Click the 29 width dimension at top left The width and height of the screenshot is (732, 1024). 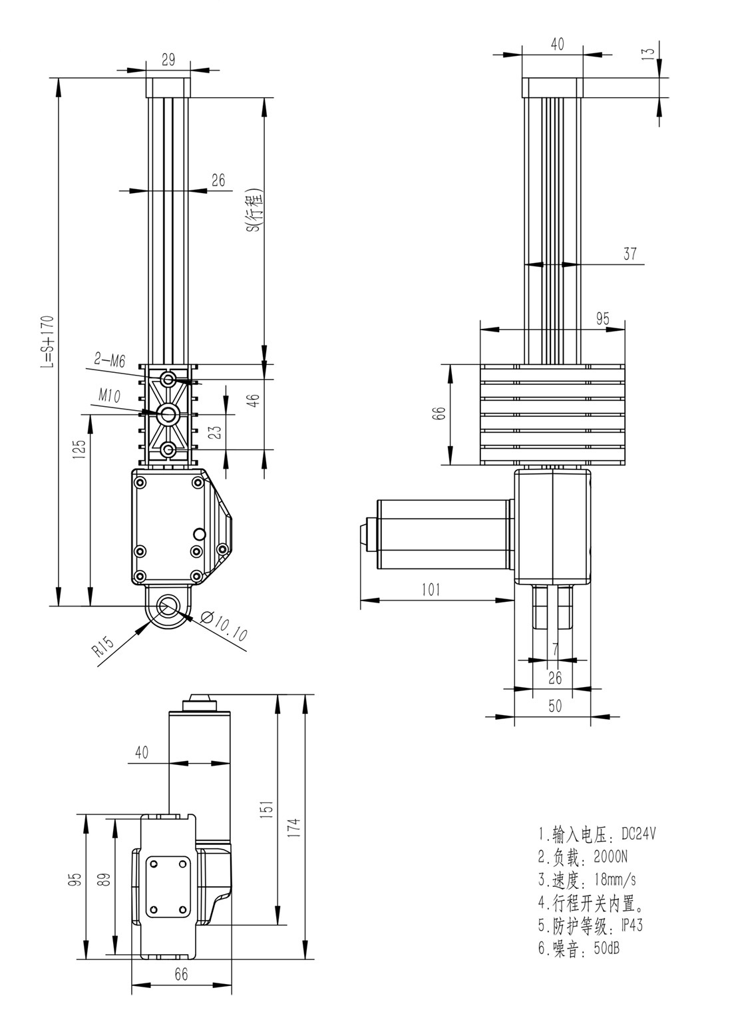click(168, 59)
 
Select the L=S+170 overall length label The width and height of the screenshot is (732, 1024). click(47, 340)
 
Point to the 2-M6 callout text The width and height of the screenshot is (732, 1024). click(110, 361)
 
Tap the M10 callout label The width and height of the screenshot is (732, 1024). click(108, 396)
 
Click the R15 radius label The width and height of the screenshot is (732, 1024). click(104, 647)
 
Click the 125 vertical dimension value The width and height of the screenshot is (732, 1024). click(79, 450)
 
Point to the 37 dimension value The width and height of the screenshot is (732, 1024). click(630, 253)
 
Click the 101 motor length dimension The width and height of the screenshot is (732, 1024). click(431, 589)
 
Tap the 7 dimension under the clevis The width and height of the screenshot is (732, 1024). click(556, 649)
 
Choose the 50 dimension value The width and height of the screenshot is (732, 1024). click(555, 706)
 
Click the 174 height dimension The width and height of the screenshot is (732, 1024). click(295, 828)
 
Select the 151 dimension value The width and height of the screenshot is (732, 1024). click(266, 810)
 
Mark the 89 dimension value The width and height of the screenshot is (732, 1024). click(102, 879)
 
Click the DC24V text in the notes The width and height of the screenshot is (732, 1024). click(639, 834)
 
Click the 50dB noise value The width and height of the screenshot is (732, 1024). click(606, 948)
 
